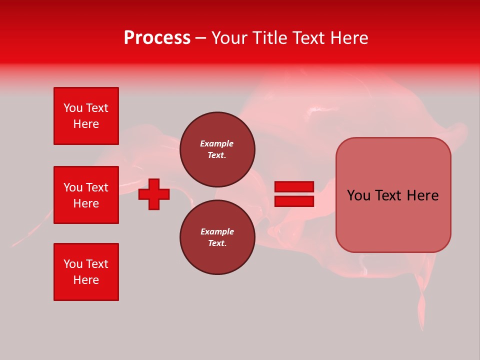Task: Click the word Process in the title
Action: click(x=157, y=38)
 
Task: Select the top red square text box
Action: click(x=86, y=116)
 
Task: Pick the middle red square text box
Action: click(x=86, y=195)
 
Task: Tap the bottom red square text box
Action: click(x=86, y=272)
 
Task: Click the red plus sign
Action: click(x=154, y=194)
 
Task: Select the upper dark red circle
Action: click(x=217, y=149)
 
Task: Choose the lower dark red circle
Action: click(x=217, y=237)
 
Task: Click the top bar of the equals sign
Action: click(x=294, y=186)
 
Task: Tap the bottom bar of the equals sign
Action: click(x=294, y=201)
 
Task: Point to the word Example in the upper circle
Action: click(x=217, y=143)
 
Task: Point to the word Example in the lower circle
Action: click(x=217, y=231)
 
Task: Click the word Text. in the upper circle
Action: click(x=217, y=155)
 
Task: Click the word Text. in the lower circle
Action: click(x=217, y=243)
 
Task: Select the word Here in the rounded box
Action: click(x=422, y=195)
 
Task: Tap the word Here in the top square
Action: click(x=86, y=124)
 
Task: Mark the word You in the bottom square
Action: click(x=73, y=264)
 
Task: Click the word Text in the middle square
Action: click(x=96, y=187)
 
